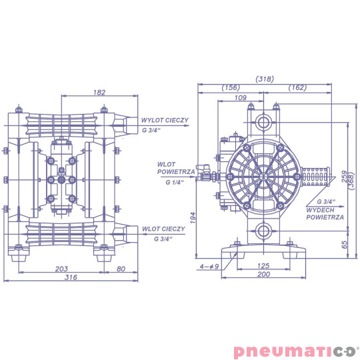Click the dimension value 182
click(x=100, y=93)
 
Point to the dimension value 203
click(x=62, y=269)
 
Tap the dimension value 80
click(x=121, y=269)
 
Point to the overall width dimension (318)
click(x=264, y=79)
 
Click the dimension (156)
click(x=231, y=88)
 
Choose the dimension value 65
click(x=344, y=244)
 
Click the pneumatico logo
click(x=295, y=351)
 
